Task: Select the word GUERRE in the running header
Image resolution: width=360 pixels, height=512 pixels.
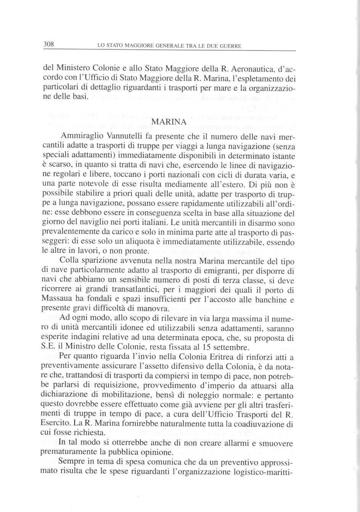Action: [x=230, y=47]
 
